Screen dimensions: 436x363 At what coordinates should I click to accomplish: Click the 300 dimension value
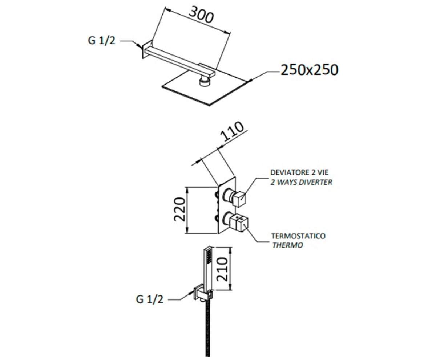[x=201, y=15]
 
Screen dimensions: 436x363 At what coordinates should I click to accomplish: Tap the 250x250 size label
[x=310, y=70]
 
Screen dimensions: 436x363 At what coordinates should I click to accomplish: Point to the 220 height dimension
[x=179, y=209]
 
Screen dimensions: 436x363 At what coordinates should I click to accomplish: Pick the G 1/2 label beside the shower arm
[x=102, y=40]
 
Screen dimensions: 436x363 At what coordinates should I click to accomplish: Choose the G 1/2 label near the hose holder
[x=149, y=299]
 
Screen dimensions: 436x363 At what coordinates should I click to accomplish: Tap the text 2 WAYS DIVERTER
[x=301, y=182]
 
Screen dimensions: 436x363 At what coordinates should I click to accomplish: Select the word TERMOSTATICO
[x=298, y=236]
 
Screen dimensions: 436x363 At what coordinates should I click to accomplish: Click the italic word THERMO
[x=287, y=245]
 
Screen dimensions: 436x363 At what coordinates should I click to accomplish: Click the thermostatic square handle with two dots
[x=239, y=223]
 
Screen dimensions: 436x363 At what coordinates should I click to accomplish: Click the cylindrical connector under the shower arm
[x=205, y=81]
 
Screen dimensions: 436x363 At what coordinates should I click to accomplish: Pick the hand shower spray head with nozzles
[x=209, y=256]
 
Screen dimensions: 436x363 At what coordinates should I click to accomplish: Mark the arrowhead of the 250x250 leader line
[x=251, y=81]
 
